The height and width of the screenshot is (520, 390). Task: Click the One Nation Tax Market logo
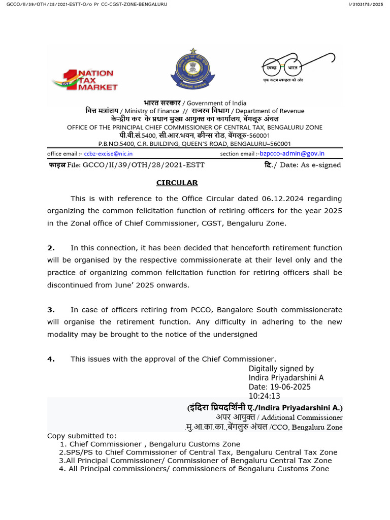[85, 80]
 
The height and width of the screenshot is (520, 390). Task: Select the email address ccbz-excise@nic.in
[108, 154]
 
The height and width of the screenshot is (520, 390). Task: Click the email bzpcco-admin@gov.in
[292, 153]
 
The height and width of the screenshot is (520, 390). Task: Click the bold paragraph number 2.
[51, 248]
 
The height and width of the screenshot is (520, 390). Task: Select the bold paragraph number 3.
[51, 310]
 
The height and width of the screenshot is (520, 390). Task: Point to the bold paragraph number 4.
[51, 359]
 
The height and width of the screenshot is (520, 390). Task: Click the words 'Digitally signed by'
[281, 369]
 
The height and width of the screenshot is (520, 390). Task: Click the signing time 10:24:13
[264, 396]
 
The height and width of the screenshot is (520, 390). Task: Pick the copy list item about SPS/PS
[198, 452]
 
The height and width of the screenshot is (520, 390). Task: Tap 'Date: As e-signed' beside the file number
[310, 165]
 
